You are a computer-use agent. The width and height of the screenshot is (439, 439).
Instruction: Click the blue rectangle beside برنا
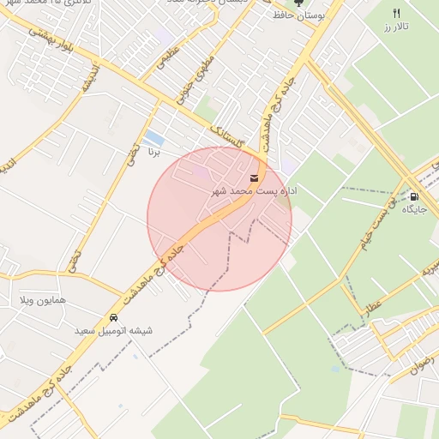153,137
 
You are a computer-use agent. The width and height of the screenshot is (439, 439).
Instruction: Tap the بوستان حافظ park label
298,16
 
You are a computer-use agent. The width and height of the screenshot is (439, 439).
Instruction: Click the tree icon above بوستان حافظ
298,3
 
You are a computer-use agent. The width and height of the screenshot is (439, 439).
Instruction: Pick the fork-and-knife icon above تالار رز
396,14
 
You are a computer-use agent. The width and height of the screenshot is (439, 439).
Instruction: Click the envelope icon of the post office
253,178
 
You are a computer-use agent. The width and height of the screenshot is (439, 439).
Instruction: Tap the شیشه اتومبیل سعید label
112,330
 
